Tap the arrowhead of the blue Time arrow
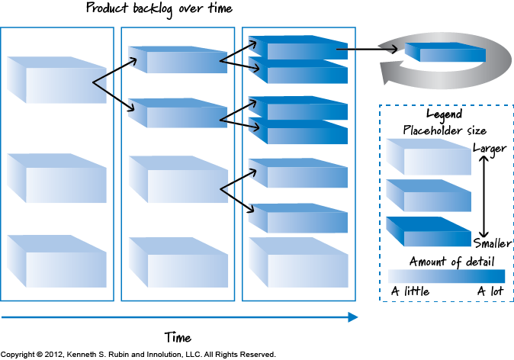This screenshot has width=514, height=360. tap(353, 317)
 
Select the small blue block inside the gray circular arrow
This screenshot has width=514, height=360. tap(434, 53)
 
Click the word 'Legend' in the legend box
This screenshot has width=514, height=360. tap(444, 114)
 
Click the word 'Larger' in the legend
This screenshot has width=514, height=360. tap(489, 148)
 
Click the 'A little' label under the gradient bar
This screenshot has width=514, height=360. tap(410, 291)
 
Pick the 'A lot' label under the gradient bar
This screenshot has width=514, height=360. tap(490, 291)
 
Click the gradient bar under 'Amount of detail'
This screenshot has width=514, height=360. tap(446, 275)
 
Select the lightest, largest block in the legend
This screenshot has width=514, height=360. tap(428, 157)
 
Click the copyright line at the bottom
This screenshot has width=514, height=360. tap(138, 354)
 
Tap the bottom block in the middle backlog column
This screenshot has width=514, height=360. tap(177, 262)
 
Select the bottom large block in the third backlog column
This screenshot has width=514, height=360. tap(297, 262)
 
